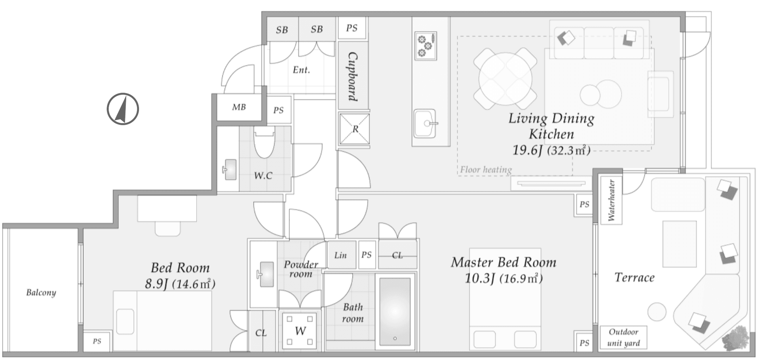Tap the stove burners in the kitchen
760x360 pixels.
pyautogui.click(x=426, y=46)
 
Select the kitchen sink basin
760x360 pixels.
pyautogui.click(x=425, y=124)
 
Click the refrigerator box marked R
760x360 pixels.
pyautogui.click(x=355, y=129)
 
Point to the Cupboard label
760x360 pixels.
pyautogui.click(x=352, y=77)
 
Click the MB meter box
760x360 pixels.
pyautogui.click(x=239, y=107)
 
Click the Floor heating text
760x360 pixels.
pyautogui.click(x=486, y=170)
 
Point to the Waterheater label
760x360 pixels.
pyautogui.click(x=611, y=200)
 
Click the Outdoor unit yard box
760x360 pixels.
pyautogui.click(x=623, y=337)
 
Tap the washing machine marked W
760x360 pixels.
pyautogui.click(x=300, y=331)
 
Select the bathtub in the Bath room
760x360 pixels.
pyautogui.click(x=395, y=311)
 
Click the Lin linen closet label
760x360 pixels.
pyautogui.click(x=340, y=255)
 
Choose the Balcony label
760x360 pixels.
pyautogui.click(x=41, y=293)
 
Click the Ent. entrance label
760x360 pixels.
pyautogui.click(x=301, y=70)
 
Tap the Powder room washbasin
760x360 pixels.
pyautogui.click(x=266, y=274)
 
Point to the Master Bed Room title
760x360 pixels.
pyautogui.click(x=503, y=262)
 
